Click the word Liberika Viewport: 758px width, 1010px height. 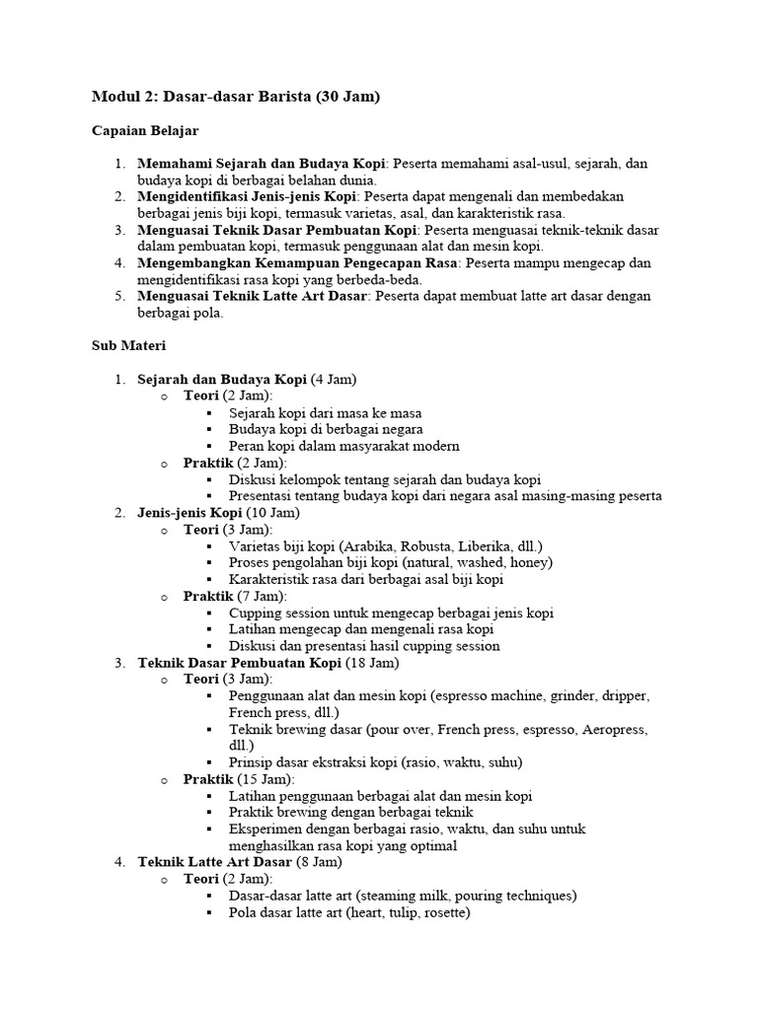[501, 545]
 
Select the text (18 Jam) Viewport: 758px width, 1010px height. [372, 662]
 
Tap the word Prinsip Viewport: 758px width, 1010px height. [251, 762]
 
